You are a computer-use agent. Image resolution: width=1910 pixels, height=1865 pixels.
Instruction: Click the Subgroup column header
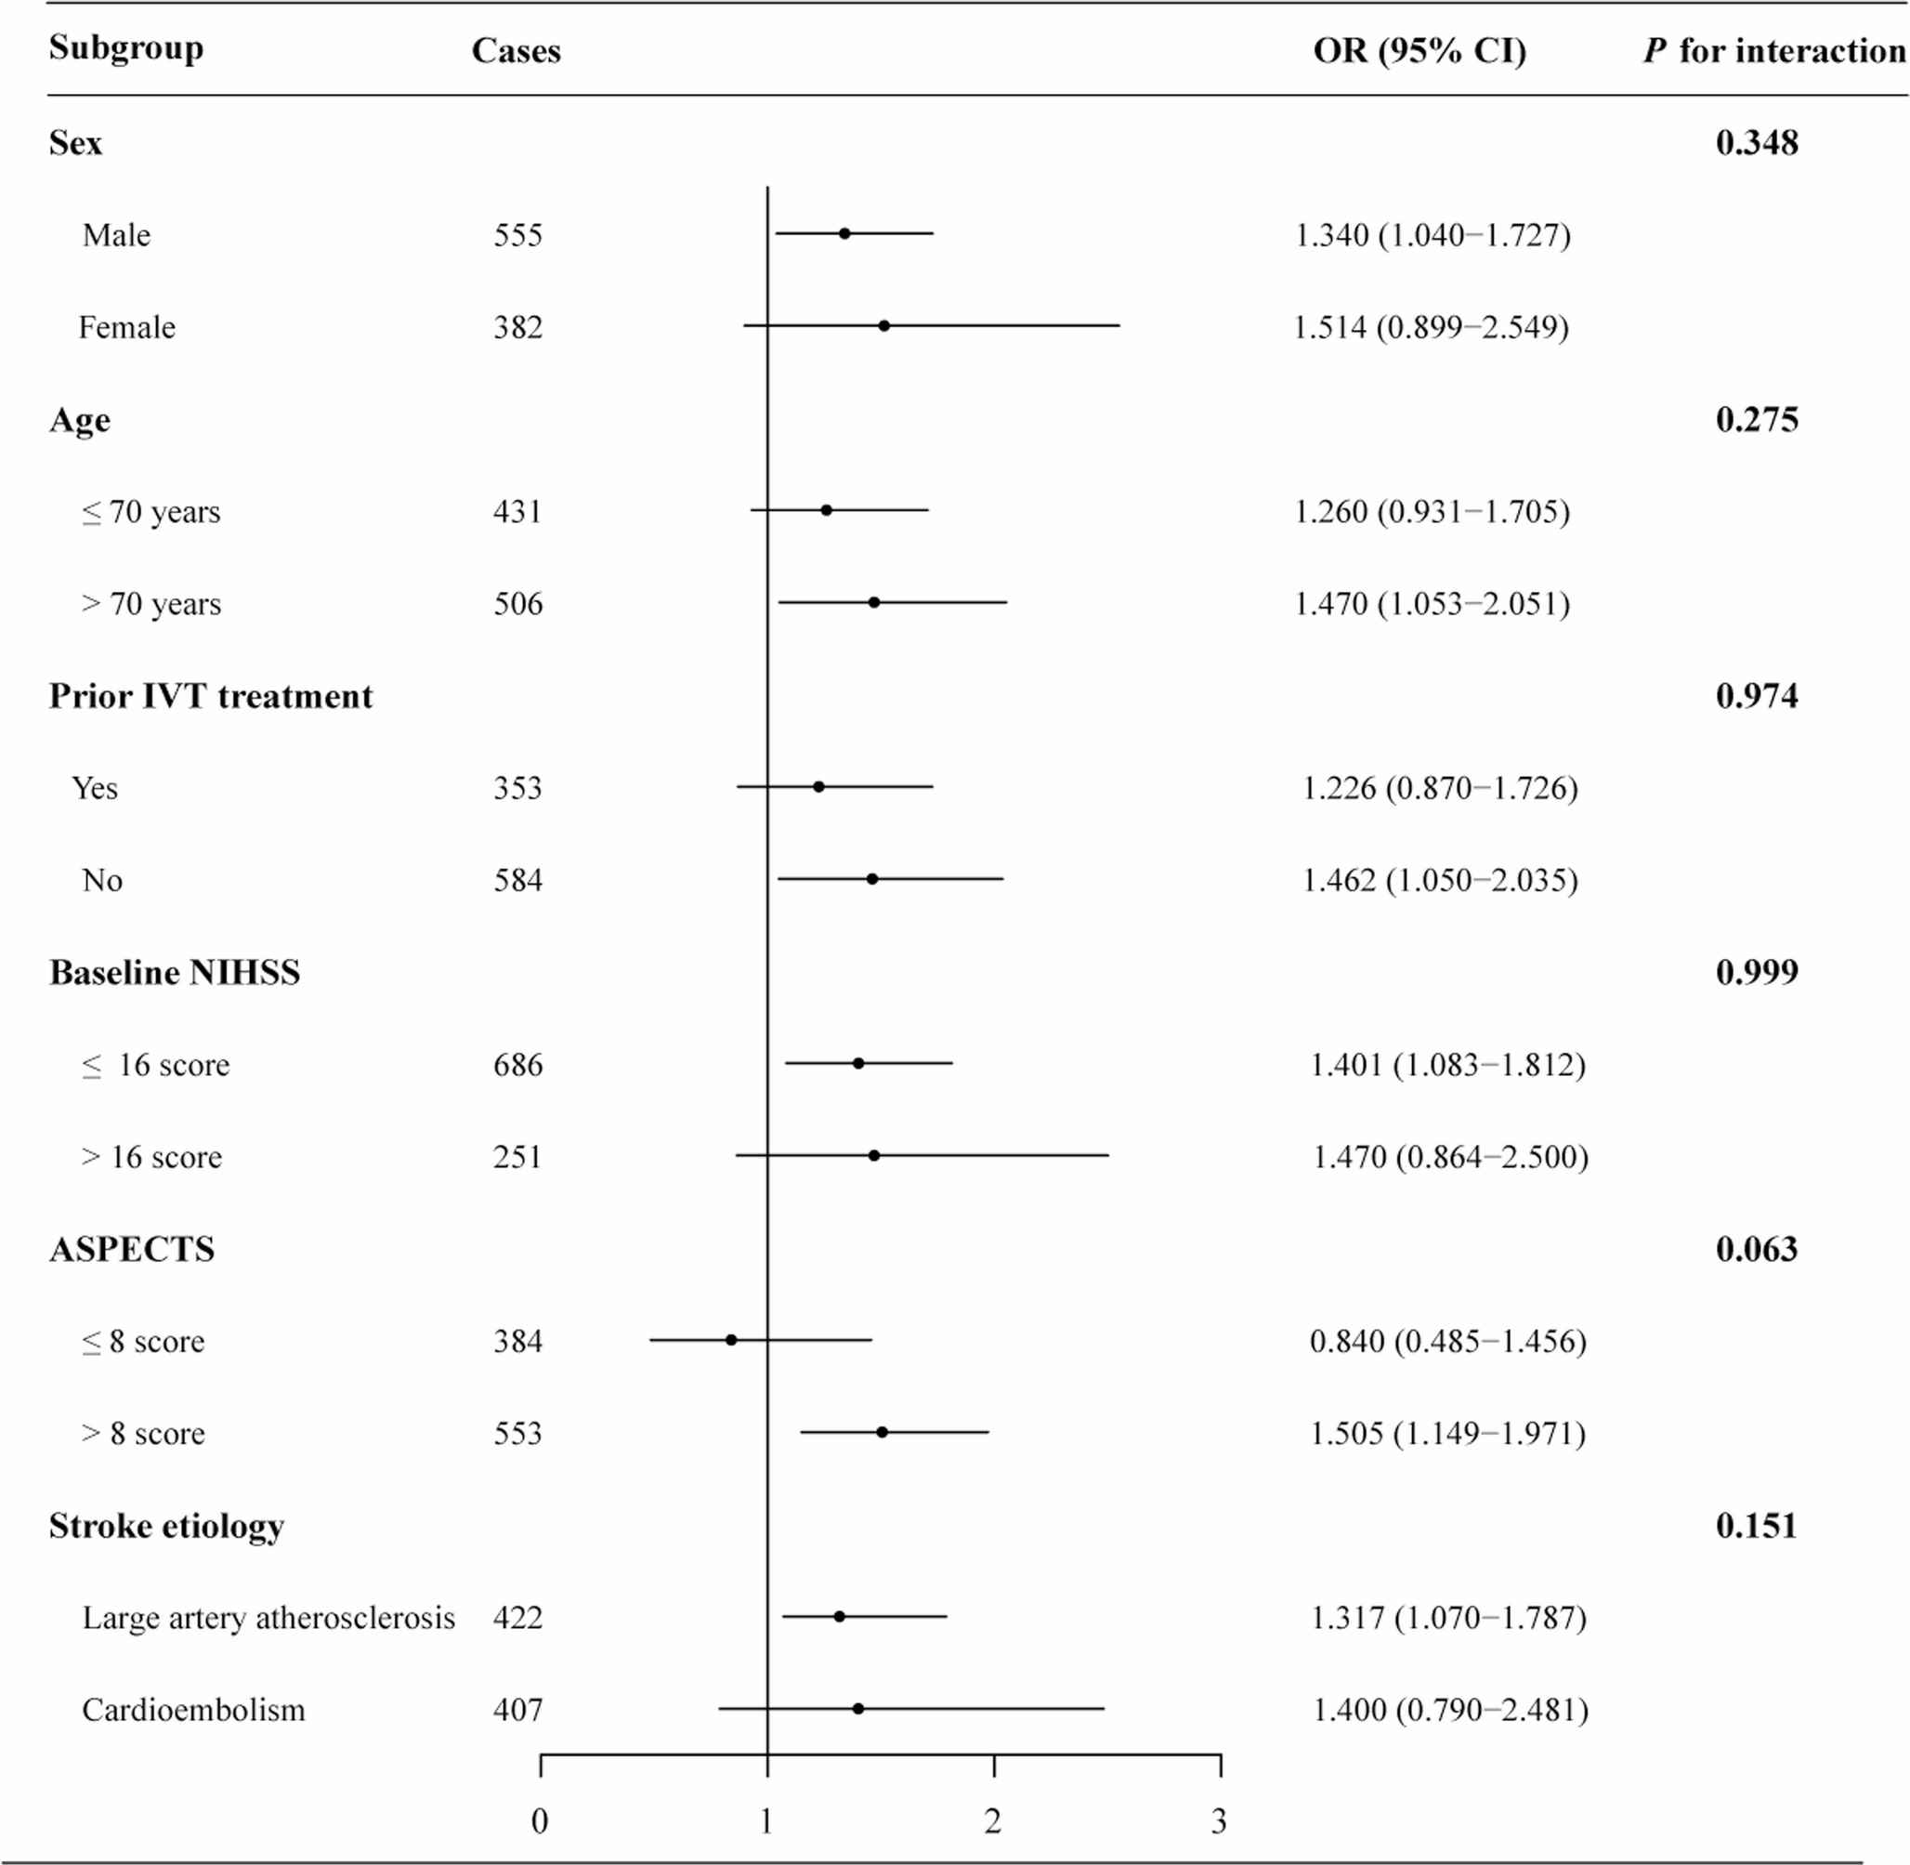click(x=126, y=49)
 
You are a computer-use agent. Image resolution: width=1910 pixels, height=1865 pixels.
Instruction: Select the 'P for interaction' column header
click(x=1773, y=51)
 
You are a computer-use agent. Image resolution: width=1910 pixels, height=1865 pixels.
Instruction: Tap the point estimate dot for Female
click(x=883, y=325)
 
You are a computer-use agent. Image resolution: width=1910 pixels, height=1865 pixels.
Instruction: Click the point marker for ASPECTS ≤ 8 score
click(x=731, y=1340)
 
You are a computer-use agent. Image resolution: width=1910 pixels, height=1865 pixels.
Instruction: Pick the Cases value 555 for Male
click(x=517, y=235)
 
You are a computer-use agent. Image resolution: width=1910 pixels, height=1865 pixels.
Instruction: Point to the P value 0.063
click(x=1756, y=1249)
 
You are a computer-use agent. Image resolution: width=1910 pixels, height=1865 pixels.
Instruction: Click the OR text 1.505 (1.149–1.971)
click(x=1447, y=1433)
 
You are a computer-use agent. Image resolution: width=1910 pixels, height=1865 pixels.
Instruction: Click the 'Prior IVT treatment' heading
click(x=211, y=696)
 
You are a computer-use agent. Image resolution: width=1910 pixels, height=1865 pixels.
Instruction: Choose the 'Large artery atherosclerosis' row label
click(x=268, y=1617)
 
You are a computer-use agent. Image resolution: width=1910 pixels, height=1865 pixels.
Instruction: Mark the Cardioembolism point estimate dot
click(x=858, y=1708)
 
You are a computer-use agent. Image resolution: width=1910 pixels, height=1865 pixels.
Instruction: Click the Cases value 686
click(x=517, y=1065)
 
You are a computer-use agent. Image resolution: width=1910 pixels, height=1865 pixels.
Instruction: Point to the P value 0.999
click(x=1756, y=973)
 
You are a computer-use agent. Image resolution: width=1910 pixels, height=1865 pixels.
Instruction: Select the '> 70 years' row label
click(x=151, y=603)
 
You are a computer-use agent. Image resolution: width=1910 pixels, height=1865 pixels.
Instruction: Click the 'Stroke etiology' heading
click(x=166, y=1526)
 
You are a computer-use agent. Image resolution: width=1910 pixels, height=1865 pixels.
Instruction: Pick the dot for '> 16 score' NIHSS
click(x=873, y=1156)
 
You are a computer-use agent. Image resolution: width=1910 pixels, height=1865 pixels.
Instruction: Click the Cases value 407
click(x=517, y=1709)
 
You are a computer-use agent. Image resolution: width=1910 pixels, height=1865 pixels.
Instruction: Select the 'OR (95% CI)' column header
click(x=1419, y=51)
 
